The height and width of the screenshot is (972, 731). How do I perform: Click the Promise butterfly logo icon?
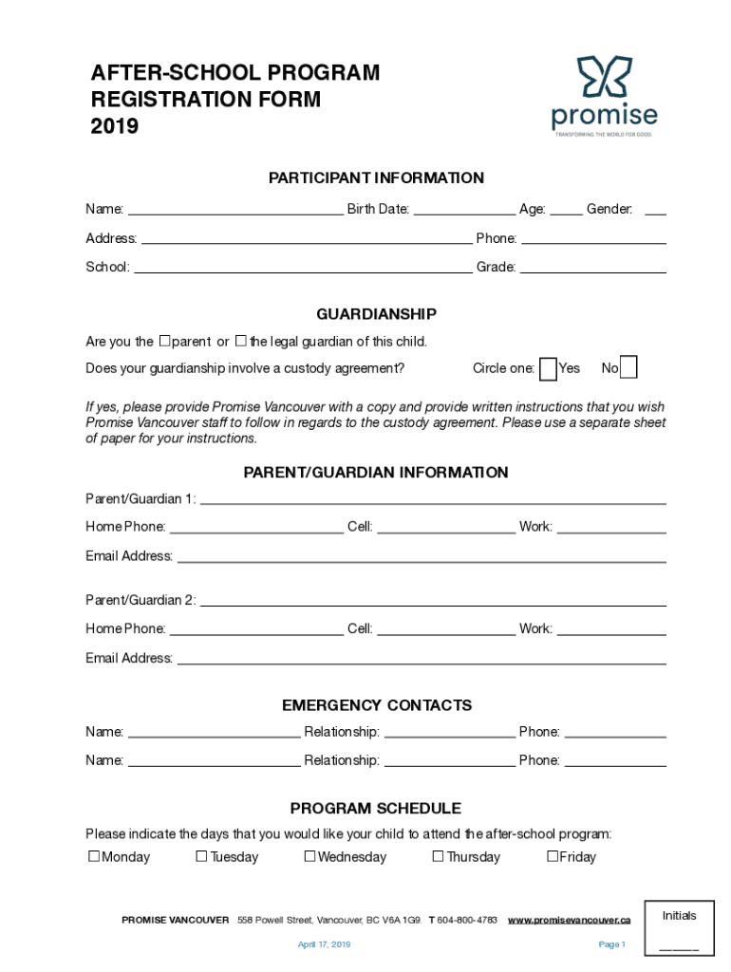(605, 78)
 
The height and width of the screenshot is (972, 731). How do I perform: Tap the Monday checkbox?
(94, 856)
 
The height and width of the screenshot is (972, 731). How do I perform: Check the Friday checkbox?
(552, 856)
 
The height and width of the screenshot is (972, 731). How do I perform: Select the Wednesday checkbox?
(309, 856)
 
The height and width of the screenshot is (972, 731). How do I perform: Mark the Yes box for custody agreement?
(548, 368)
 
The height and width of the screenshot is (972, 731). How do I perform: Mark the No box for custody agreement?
(628, 367)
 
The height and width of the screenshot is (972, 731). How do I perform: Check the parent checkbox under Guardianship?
(164, 341)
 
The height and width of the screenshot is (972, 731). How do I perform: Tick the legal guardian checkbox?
(241, 341)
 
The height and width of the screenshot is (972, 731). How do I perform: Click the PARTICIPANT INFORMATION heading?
(376, 178)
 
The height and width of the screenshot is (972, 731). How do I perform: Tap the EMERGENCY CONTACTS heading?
(376, 705)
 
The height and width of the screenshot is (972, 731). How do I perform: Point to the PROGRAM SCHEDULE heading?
(376, 809)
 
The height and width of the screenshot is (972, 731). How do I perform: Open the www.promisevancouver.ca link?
(569, 920)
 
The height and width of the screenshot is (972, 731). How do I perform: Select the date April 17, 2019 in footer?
(324, 944)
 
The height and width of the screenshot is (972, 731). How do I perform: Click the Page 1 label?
(611, 944)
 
